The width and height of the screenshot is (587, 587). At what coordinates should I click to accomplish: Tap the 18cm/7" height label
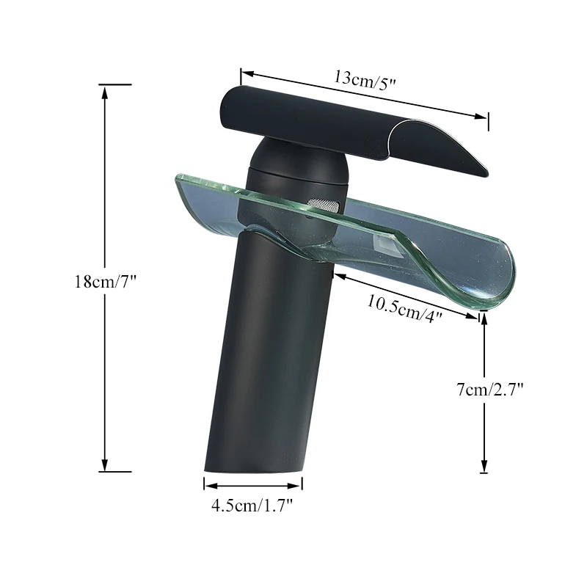click(106, 282)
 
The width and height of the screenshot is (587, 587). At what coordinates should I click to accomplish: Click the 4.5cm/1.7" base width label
click(253, 505)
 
